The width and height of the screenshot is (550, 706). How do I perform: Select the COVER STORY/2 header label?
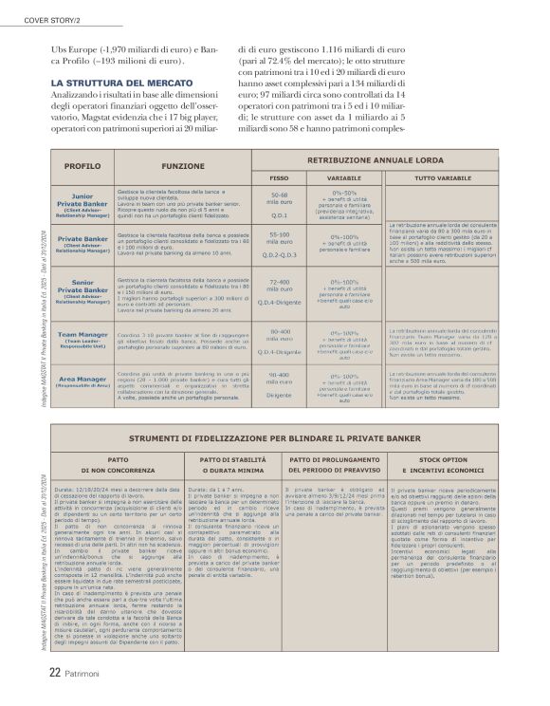point(40,9)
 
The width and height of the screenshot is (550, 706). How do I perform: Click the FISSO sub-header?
point(280,176)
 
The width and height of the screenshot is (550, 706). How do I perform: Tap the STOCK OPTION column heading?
point(442,458)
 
